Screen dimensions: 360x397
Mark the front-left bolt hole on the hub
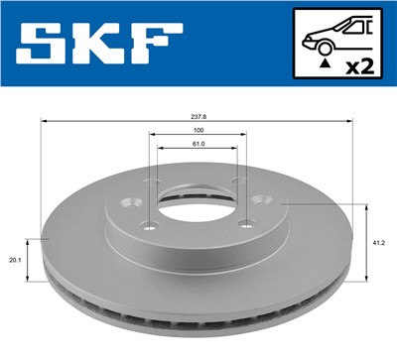[150, 224]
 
